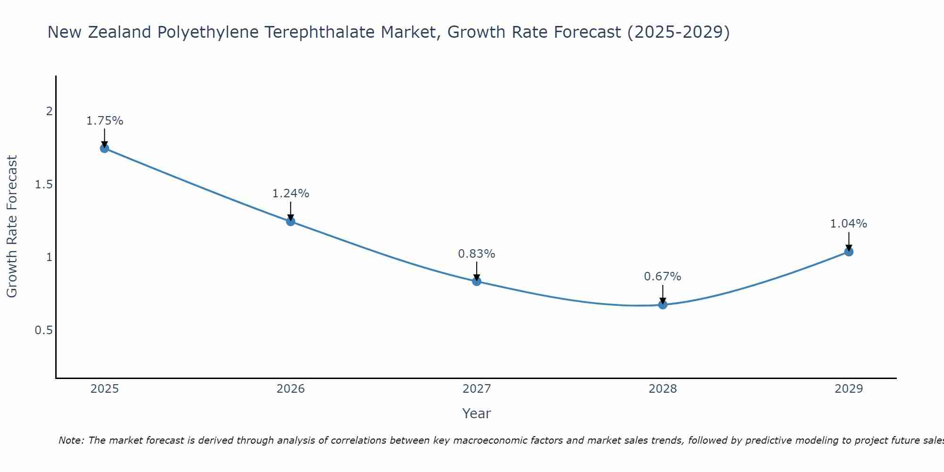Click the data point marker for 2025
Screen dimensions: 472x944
(x=104, y=148)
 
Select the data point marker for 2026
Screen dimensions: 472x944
(x=291, y=221)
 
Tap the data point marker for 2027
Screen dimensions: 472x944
(x=477, y=281)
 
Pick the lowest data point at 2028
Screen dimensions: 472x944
(x=663, y=304)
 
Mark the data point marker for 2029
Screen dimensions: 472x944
(x=849, y=252)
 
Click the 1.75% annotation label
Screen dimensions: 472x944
(x=104, y=121)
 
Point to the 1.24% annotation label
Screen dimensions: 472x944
(x=291, y=194)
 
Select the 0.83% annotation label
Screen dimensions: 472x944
(x=477, y=254)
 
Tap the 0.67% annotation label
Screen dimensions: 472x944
(x=663, y=277)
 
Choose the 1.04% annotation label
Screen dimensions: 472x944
(x=849, y=224)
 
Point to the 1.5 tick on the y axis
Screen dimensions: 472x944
(x=44, y=185)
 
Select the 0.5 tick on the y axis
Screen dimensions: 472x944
(x=44, y=330)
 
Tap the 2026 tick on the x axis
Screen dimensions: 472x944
(x=291, y=389)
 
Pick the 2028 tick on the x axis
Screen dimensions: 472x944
(x=663, y=389)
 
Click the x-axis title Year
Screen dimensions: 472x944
(x=477, y=413)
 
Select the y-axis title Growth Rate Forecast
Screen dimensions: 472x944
(x=12, y=227)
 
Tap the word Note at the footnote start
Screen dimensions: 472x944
(x=71, y=440)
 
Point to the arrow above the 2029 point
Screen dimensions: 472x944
(x=849, y=241)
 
